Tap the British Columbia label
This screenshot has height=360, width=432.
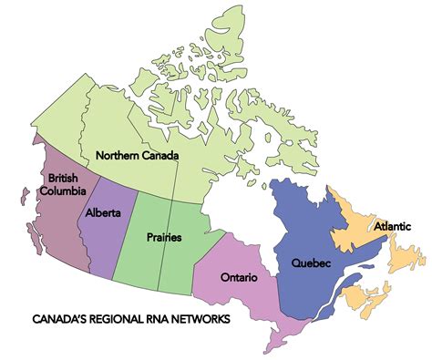point(67,184)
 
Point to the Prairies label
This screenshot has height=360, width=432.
point(163,237)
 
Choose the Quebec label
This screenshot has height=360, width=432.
point(311,263)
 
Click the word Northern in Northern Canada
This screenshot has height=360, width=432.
point(116,155)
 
